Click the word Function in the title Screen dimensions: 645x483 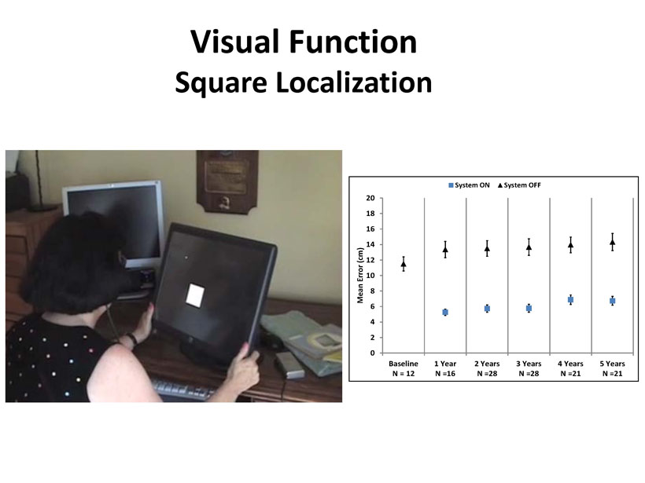click(352, 42)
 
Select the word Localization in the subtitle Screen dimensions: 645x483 click(354, 82)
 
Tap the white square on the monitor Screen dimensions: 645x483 click(195, 295)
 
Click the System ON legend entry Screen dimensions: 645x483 click(469, 185)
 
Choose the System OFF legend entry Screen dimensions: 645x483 click(519, 185)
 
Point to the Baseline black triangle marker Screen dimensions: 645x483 click(404, 265)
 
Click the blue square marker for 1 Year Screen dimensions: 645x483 click(445, 313)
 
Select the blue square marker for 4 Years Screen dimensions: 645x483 click(570, 300)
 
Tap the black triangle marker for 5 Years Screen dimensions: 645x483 click(613, 243)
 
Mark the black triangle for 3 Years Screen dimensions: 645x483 click(529, 247)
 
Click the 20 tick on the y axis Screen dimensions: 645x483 click(370, 198)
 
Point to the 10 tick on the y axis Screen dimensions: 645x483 click(370, 276)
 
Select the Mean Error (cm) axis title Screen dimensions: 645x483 click(360, 275)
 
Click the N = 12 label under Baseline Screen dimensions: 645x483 click(404, 374)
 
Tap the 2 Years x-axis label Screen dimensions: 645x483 click(487, 364)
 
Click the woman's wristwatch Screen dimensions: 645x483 click(132, 339)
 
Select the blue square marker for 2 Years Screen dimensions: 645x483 click(487, 309)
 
